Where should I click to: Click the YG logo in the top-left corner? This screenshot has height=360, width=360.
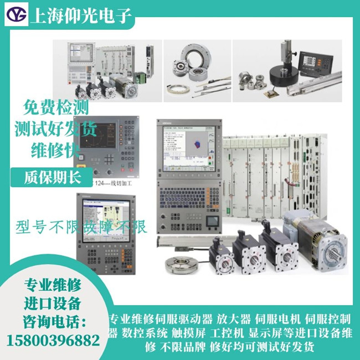point(17,16)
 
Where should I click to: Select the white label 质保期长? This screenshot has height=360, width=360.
point(52,177)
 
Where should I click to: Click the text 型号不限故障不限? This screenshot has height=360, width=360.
point(81,226)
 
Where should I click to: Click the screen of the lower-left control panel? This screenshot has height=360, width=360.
point(102,218)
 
